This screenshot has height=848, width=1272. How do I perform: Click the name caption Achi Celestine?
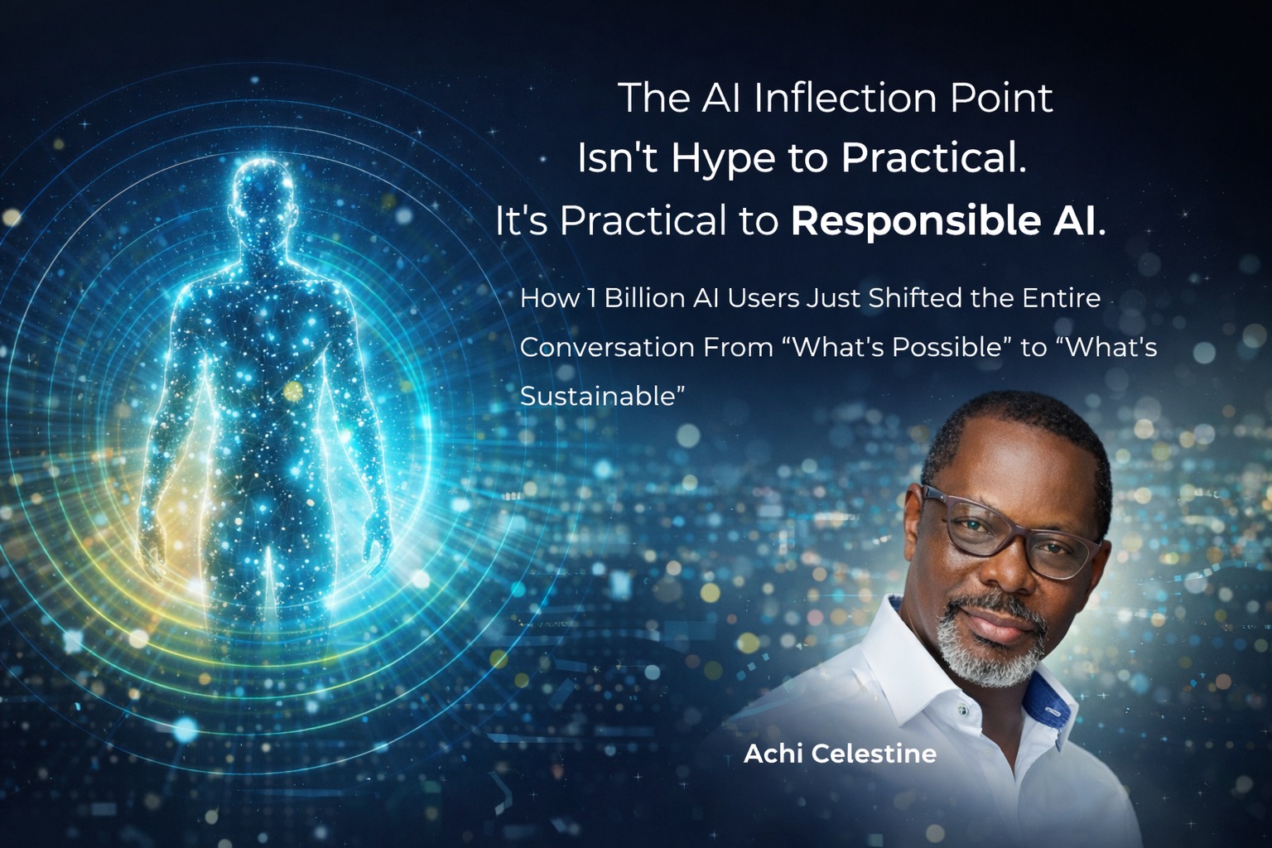coord(840,754)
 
